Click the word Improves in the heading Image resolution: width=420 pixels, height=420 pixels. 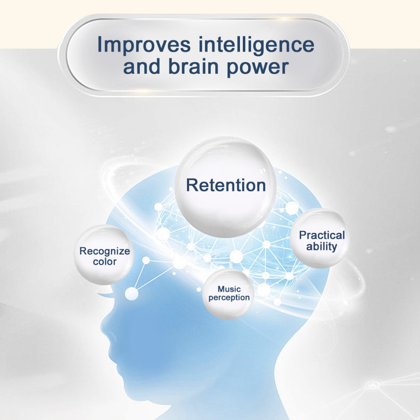coord(144,44)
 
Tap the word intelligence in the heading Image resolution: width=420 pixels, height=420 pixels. coord(256,44)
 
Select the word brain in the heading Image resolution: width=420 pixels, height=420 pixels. coord(194,66)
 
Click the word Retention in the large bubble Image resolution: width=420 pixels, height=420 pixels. coord(226,185)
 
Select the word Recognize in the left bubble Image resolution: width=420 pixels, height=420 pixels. coord(105,251)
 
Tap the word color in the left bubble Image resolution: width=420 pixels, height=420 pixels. coord(105,262)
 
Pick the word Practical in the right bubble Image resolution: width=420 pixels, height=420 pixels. coord(322,235)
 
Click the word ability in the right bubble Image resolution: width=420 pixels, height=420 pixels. coord(322,247)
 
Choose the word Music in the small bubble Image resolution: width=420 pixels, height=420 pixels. coord(229,289)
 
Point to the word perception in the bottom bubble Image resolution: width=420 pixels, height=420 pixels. coord(229,298)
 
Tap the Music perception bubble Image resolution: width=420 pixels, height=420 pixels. coord(228,294)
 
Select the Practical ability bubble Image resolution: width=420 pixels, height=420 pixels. coord(319,238)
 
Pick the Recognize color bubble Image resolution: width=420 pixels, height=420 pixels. coord(104,255)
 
